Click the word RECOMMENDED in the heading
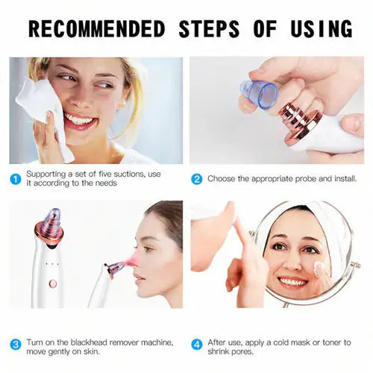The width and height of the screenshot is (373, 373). pyautogui.click(x=96, y=29)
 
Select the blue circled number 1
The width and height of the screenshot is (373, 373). pyautogui.click(x=16, y=179)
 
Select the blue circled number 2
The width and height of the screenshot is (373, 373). pyautogui.click(x=196, y=179)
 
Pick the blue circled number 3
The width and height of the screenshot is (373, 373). pyautogui.click(x=16, y=345)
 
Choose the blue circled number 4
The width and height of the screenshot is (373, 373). pyautogui.click(x=196, y=345)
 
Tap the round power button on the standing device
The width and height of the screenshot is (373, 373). pyautogui.click(x=52, y=283)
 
